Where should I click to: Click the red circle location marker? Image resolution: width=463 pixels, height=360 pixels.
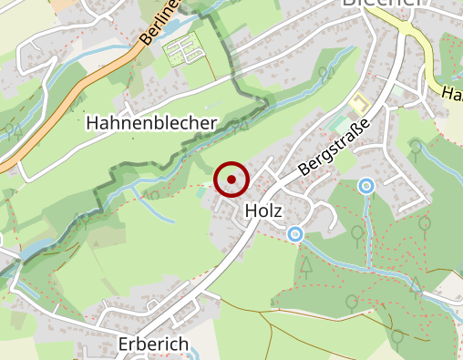(x=231, y=180)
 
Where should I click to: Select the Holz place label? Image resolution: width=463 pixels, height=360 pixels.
(x=265, y=211)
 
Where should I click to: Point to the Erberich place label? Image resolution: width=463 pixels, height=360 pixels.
(x=153, y=344)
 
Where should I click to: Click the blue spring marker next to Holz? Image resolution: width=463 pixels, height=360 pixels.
(x=295, y=235)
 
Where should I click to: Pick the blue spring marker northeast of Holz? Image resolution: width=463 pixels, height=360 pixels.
(x=366, y=187)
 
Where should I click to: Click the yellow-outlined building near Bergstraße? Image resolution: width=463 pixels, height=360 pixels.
(x=358, y=102)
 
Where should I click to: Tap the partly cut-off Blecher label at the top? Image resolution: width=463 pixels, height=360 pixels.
(x=382, y=4)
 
